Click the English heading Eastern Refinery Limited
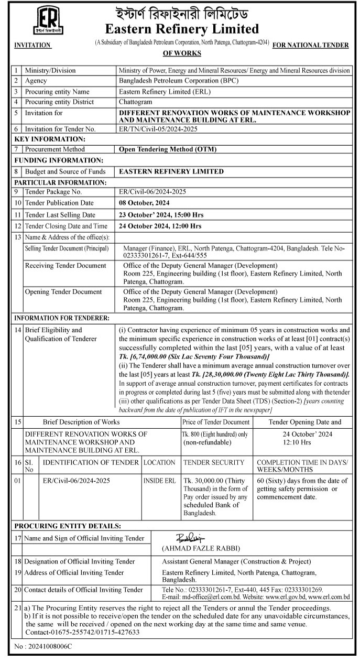(182, 28)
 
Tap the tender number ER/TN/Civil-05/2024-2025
(159, 129)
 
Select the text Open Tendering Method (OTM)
(168, 149)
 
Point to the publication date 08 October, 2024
(145, 203)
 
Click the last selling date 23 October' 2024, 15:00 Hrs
(161, 215)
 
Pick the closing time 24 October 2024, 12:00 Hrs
(160, 226)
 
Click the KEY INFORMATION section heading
(50, 139)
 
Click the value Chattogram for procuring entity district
(135, 102)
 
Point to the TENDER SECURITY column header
(214, 462)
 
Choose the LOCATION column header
(159, 462)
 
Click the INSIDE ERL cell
(160, 480)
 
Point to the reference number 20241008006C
(45, 647)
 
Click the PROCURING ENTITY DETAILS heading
(68, 526)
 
